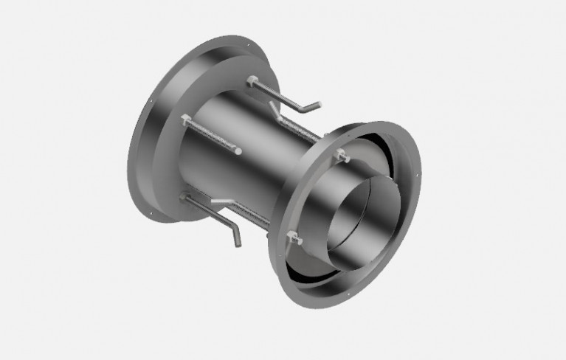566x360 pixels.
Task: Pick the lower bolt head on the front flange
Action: tap(294, 238)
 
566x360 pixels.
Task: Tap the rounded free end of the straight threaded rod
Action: tap(238, 152)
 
